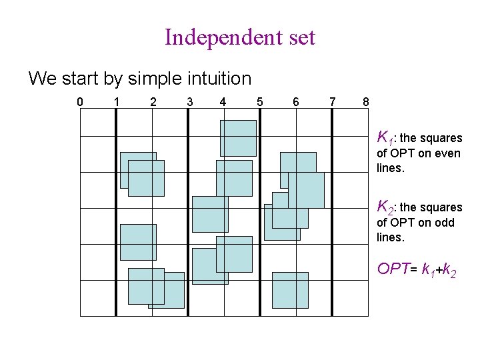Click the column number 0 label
[x=80, y=102]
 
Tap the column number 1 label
[x=117, y=102]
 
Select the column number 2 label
[x=153, y=102]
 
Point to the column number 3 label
[x=189, y=102]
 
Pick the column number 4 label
[x=223, y=102]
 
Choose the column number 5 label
[x=259, y=102]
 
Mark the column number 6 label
[x=295, y=102]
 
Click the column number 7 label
[x=332, y=102]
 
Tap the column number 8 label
[x=365, y=102]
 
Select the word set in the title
[x=301, y=37]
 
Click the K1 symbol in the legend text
[x=384, y=138]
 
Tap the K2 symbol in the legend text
[x=385, y=207]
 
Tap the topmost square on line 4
[x=238, y=137]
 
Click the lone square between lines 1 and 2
[x=138, y=242]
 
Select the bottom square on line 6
[x=290, y=290]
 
